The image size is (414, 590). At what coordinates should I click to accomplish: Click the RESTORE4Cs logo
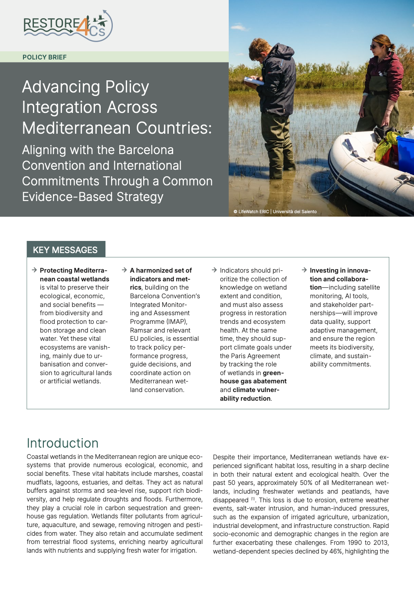(x=68, y=26)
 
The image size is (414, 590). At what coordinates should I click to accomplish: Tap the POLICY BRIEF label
(x=45, y=57)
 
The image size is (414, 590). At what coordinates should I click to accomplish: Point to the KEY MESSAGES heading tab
(x=66, y=250)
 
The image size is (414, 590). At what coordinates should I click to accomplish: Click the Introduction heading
(x=62, y=443)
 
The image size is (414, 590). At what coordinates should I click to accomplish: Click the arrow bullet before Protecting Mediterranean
(x=34, y=270)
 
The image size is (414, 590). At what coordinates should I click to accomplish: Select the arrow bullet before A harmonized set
(x=125, y=270)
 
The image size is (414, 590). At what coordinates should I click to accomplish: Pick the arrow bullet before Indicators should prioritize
(x=214, y=270)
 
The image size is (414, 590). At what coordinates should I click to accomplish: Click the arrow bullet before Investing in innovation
(x=304, y=270)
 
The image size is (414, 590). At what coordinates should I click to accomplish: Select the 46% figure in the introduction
(x=336, y=551)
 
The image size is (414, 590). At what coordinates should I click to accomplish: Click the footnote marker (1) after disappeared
(x=253, y=499)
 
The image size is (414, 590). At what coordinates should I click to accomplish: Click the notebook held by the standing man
(x=253, y=81)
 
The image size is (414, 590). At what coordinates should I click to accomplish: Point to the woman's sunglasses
(x=375, y=46)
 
